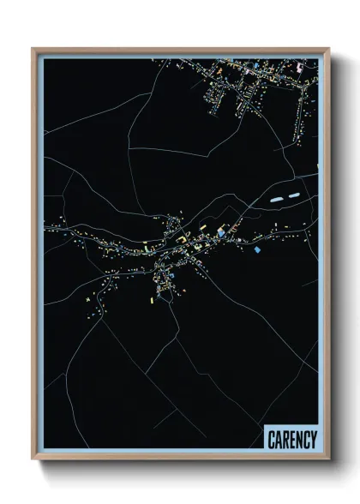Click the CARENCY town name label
pyautogui.click(x=291, y=440)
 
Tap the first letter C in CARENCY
pyautogui.click(x=271, y=440)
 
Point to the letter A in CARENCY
pyautogui.click(x=278, y=440)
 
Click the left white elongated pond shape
pyautogui.click(x=276, y=199)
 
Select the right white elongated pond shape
pyautogui.click(x=293, y=195)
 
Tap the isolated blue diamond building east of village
pyautogui.click(x=256, y=249)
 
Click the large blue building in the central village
pyautogui.click(x=221, y=232)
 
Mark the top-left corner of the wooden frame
pyautogui.click(x=33, y=49)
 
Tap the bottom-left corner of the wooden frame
pyautogui.click(x=33, y=459)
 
